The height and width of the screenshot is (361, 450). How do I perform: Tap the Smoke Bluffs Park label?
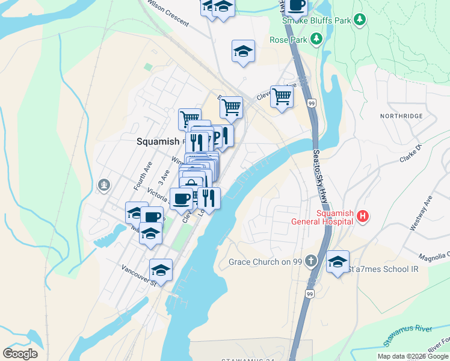316,20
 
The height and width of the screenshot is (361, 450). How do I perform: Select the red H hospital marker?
362,216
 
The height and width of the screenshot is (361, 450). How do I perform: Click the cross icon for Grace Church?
310,261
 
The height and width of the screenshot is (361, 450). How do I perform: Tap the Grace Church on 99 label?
265,262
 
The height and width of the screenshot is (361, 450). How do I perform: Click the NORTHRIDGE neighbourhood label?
401,116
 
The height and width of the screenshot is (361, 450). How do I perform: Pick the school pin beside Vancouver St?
161,269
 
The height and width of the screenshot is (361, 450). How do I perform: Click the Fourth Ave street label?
140,171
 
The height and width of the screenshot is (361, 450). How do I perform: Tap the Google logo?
20,354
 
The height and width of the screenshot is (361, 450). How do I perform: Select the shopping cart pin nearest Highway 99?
281,96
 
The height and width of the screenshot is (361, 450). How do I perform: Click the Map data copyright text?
413,356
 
